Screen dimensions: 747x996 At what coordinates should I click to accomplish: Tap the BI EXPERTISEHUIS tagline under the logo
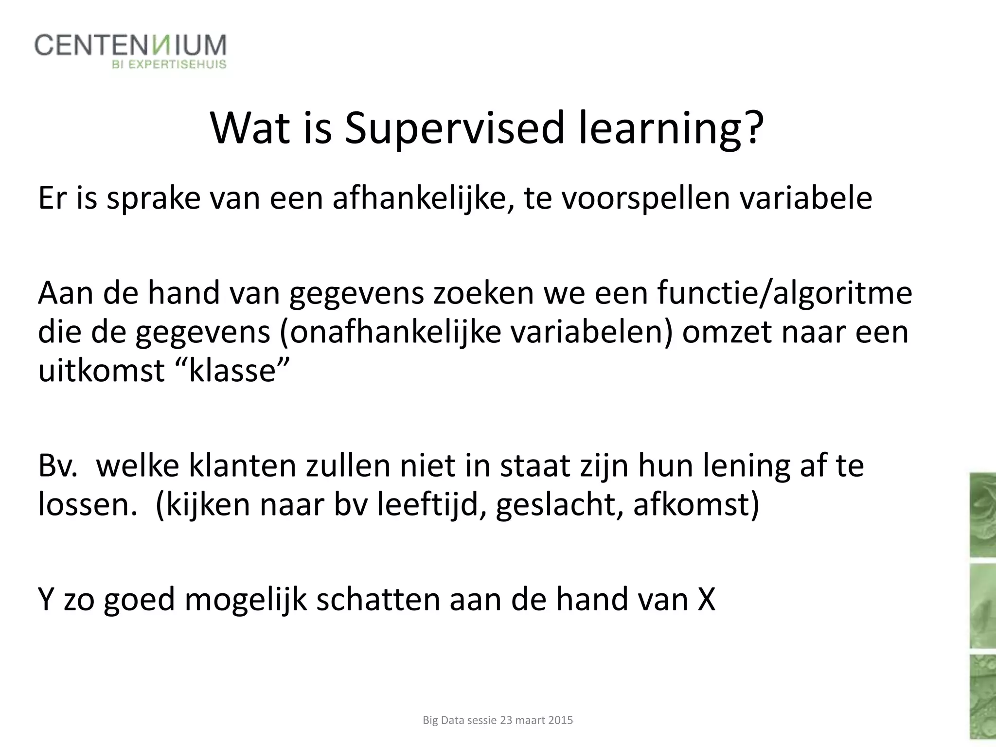pyautogui.click(x=169, y=65)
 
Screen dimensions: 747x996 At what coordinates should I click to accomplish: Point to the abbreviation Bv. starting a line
pyautogui.click(x=57, y=466)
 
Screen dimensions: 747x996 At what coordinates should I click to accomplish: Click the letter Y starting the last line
pyautogui.click(x=45, y=599)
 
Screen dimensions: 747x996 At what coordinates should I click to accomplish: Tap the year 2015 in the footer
pyautogui.click(x=560, y=720)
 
